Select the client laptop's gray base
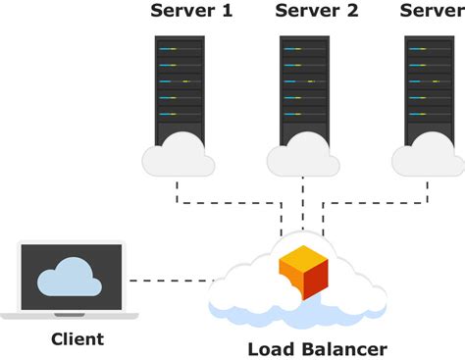(x=70, y=316)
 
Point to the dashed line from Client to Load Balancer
(x=172, y=282)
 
